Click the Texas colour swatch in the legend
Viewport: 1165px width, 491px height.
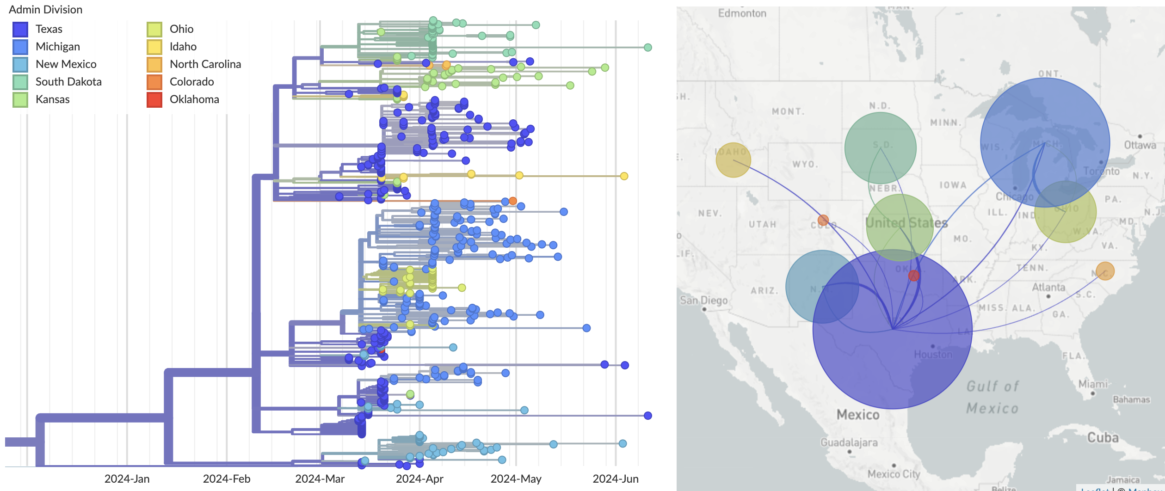pos(20,29)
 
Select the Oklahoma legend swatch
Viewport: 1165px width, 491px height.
pos(154,99)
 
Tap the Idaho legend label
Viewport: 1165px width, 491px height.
pos(183,47)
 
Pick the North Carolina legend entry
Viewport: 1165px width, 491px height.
pos(205,64)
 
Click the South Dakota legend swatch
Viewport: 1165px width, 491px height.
pos(20,82)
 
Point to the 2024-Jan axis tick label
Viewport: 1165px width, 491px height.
pos(127,479)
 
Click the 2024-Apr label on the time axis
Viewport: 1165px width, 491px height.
pos(419,479)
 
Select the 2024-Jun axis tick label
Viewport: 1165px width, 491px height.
pos(615,479)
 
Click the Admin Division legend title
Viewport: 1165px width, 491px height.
pos(45,10)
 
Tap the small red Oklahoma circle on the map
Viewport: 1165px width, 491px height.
pos(913,276)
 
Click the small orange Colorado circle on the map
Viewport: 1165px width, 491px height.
pos(823,220)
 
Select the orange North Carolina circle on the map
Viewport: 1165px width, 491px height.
pos(1105,271)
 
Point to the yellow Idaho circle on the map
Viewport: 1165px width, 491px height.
pos(733,160)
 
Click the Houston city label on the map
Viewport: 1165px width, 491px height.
pos(933,354)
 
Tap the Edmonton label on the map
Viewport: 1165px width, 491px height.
pos(742,13)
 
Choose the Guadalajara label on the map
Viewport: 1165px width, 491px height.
pos(849,442)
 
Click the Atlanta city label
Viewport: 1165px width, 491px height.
pos(1048,287)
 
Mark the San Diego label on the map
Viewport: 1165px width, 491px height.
pos(703,301)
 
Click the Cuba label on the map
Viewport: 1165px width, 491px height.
pos(1103,437)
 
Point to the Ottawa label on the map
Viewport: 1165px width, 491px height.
pos(1140,145)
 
